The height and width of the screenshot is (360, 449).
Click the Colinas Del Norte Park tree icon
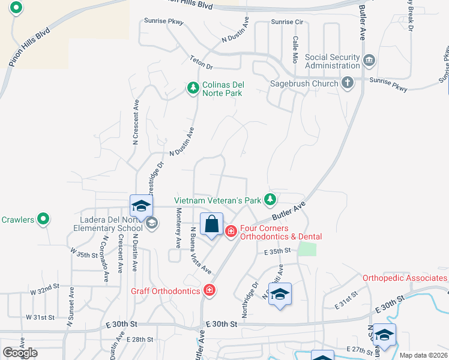193,89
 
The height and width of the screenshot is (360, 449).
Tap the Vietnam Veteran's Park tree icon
271,199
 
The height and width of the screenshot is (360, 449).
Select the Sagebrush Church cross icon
348,83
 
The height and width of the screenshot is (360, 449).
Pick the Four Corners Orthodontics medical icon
231,231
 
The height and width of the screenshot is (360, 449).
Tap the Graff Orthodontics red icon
209,290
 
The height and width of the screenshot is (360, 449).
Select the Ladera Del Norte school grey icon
152,223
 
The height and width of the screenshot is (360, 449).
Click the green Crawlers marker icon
43,220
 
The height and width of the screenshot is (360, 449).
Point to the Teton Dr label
202,61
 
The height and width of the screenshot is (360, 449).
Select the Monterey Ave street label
178,228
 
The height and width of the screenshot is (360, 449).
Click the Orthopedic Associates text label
405,278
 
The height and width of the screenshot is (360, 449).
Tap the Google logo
20,352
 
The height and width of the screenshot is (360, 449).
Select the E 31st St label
346,300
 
